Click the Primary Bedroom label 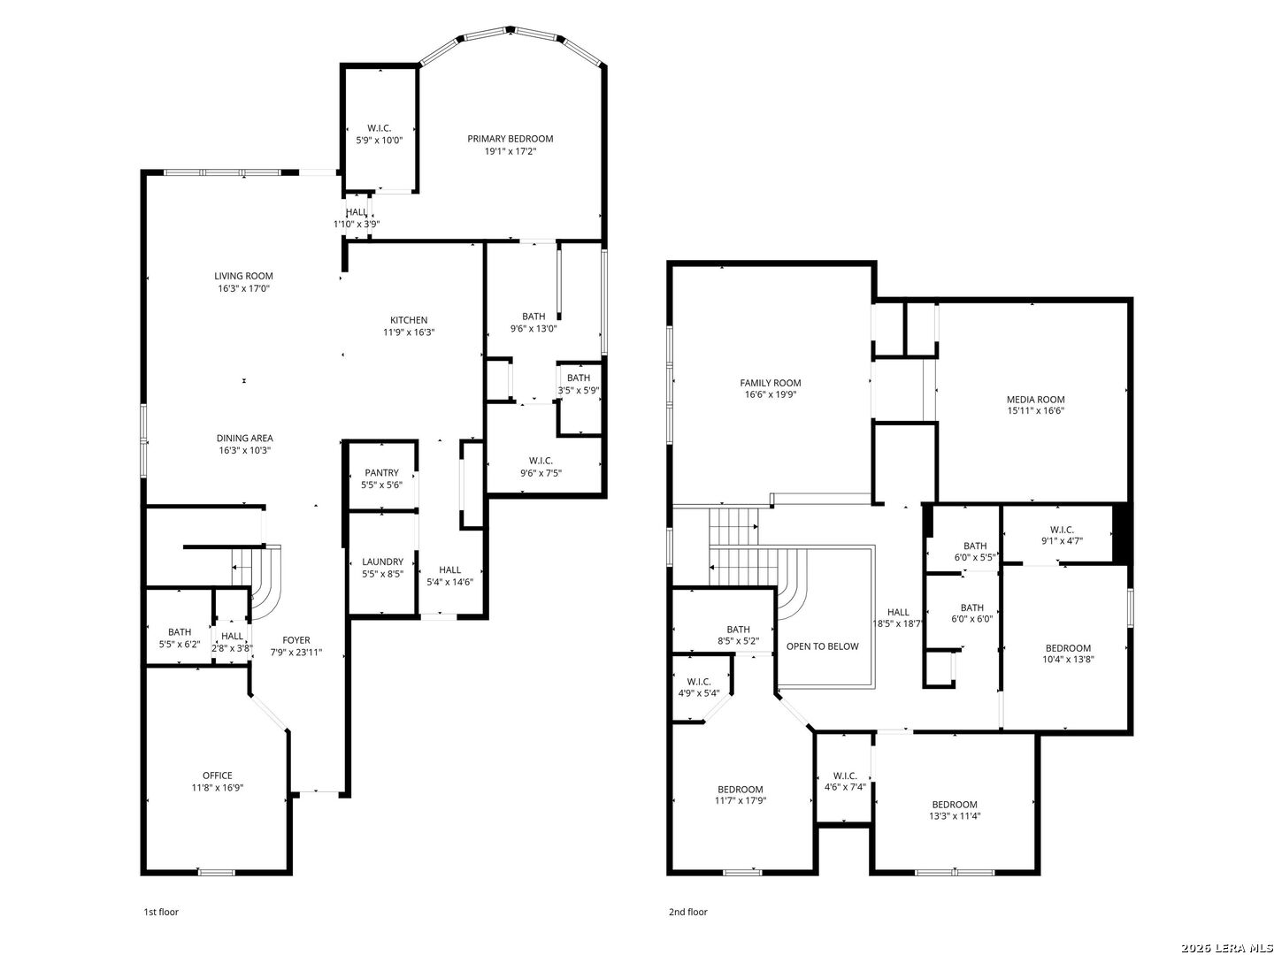coord(510,139)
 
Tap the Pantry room coord(381,478)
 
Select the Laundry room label coord(382,562)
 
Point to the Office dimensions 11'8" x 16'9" coord(218,788)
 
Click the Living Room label coord(243,276)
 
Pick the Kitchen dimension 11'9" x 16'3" coord(409,332)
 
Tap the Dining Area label coord(245,439)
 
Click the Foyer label coord(296,640)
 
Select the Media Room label coord(1035,400)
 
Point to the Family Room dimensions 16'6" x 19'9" coord(771,395)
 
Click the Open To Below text coord(822,646)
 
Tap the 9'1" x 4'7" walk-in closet coord(1062,535)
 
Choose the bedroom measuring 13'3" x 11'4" coord(954,811)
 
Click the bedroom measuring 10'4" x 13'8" coord(1068,653)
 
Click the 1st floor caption coord(161,912)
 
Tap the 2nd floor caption coord(687,912)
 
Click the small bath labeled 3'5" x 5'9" coord(579,384)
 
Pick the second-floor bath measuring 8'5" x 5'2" coord(738,635)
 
